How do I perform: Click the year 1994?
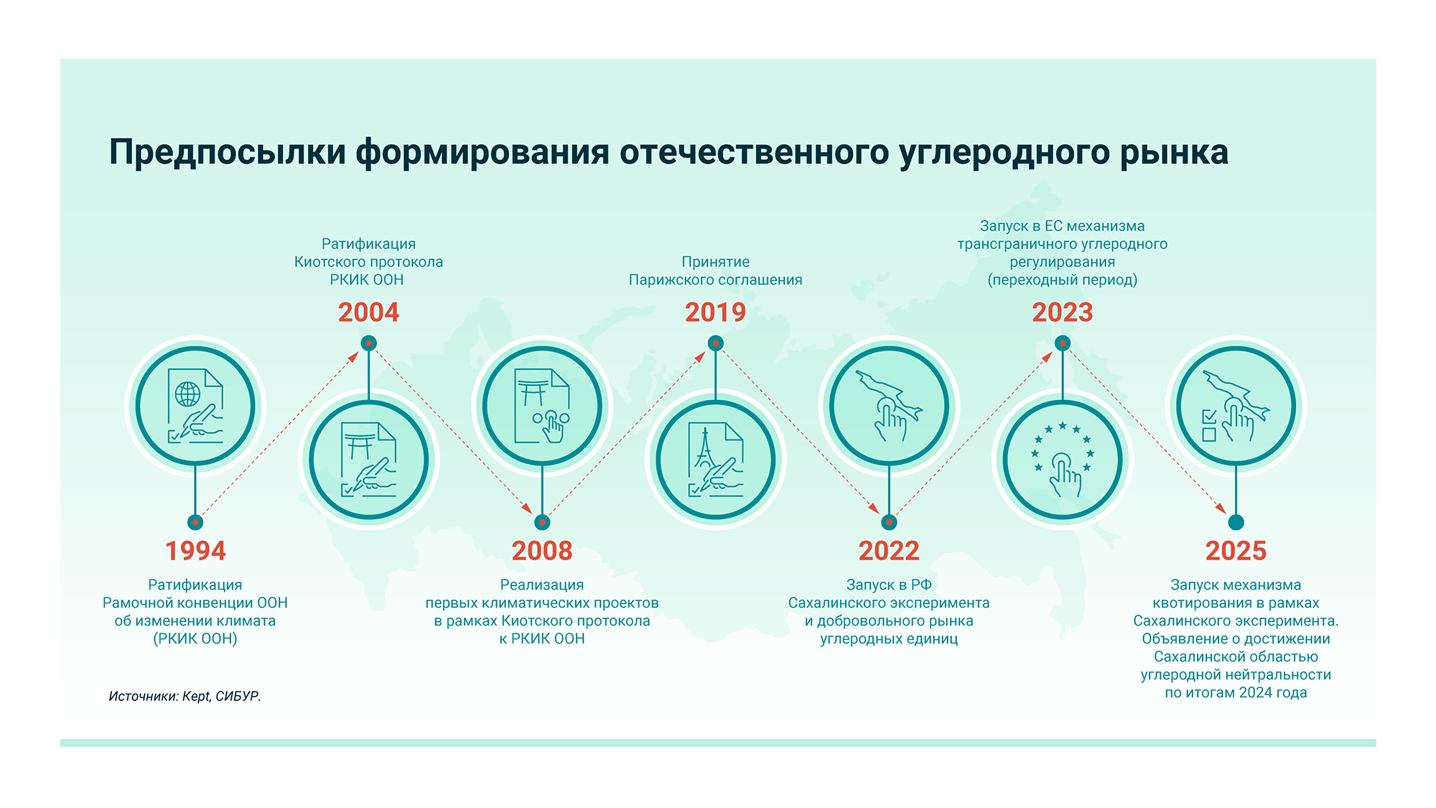pyautogui.click(x=195, y=551)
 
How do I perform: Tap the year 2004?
pyautogui.click(x=368, y=312)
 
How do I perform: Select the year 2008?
pyautogui.click(x=542, y=551)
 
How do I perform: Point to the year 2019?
pyautogui.click(x=715, y=312)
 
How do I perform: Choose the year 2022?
pyautogui.click(x=889, y=551)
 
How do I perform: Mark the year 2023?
pyautogui.click(x=1062, y=312)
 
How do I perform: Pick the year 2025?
pyautogui.click(x=1236, y=551)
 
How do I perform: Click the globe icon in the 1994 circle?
pyautogui.click(x=188, y=394)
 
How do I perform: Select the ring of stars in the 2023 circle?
pyautogui.click(x=1063, y=448)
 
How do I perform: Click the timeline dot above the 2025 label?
pyautogui.click(x=1236, y=522)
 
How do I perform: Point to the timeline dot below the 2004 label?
pyautogui.click(x=368, y=343)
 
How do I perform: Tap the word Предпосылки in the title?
pyautogui.click(x=228, y=152)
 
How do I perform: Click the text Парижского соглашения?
pyautogui.click(x=715, y=280)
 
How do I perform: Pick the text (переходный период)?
pyautogui.click(x=1063, y=280)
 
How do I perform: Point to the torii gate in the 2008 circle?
pyautogui.click(x=532, y=392)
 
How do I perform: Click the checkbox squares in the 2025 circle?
pyautogui.click(x=1209, y=426)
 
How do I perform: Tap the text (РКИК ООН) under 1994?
pyautogui.click(x=195, y=638)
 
